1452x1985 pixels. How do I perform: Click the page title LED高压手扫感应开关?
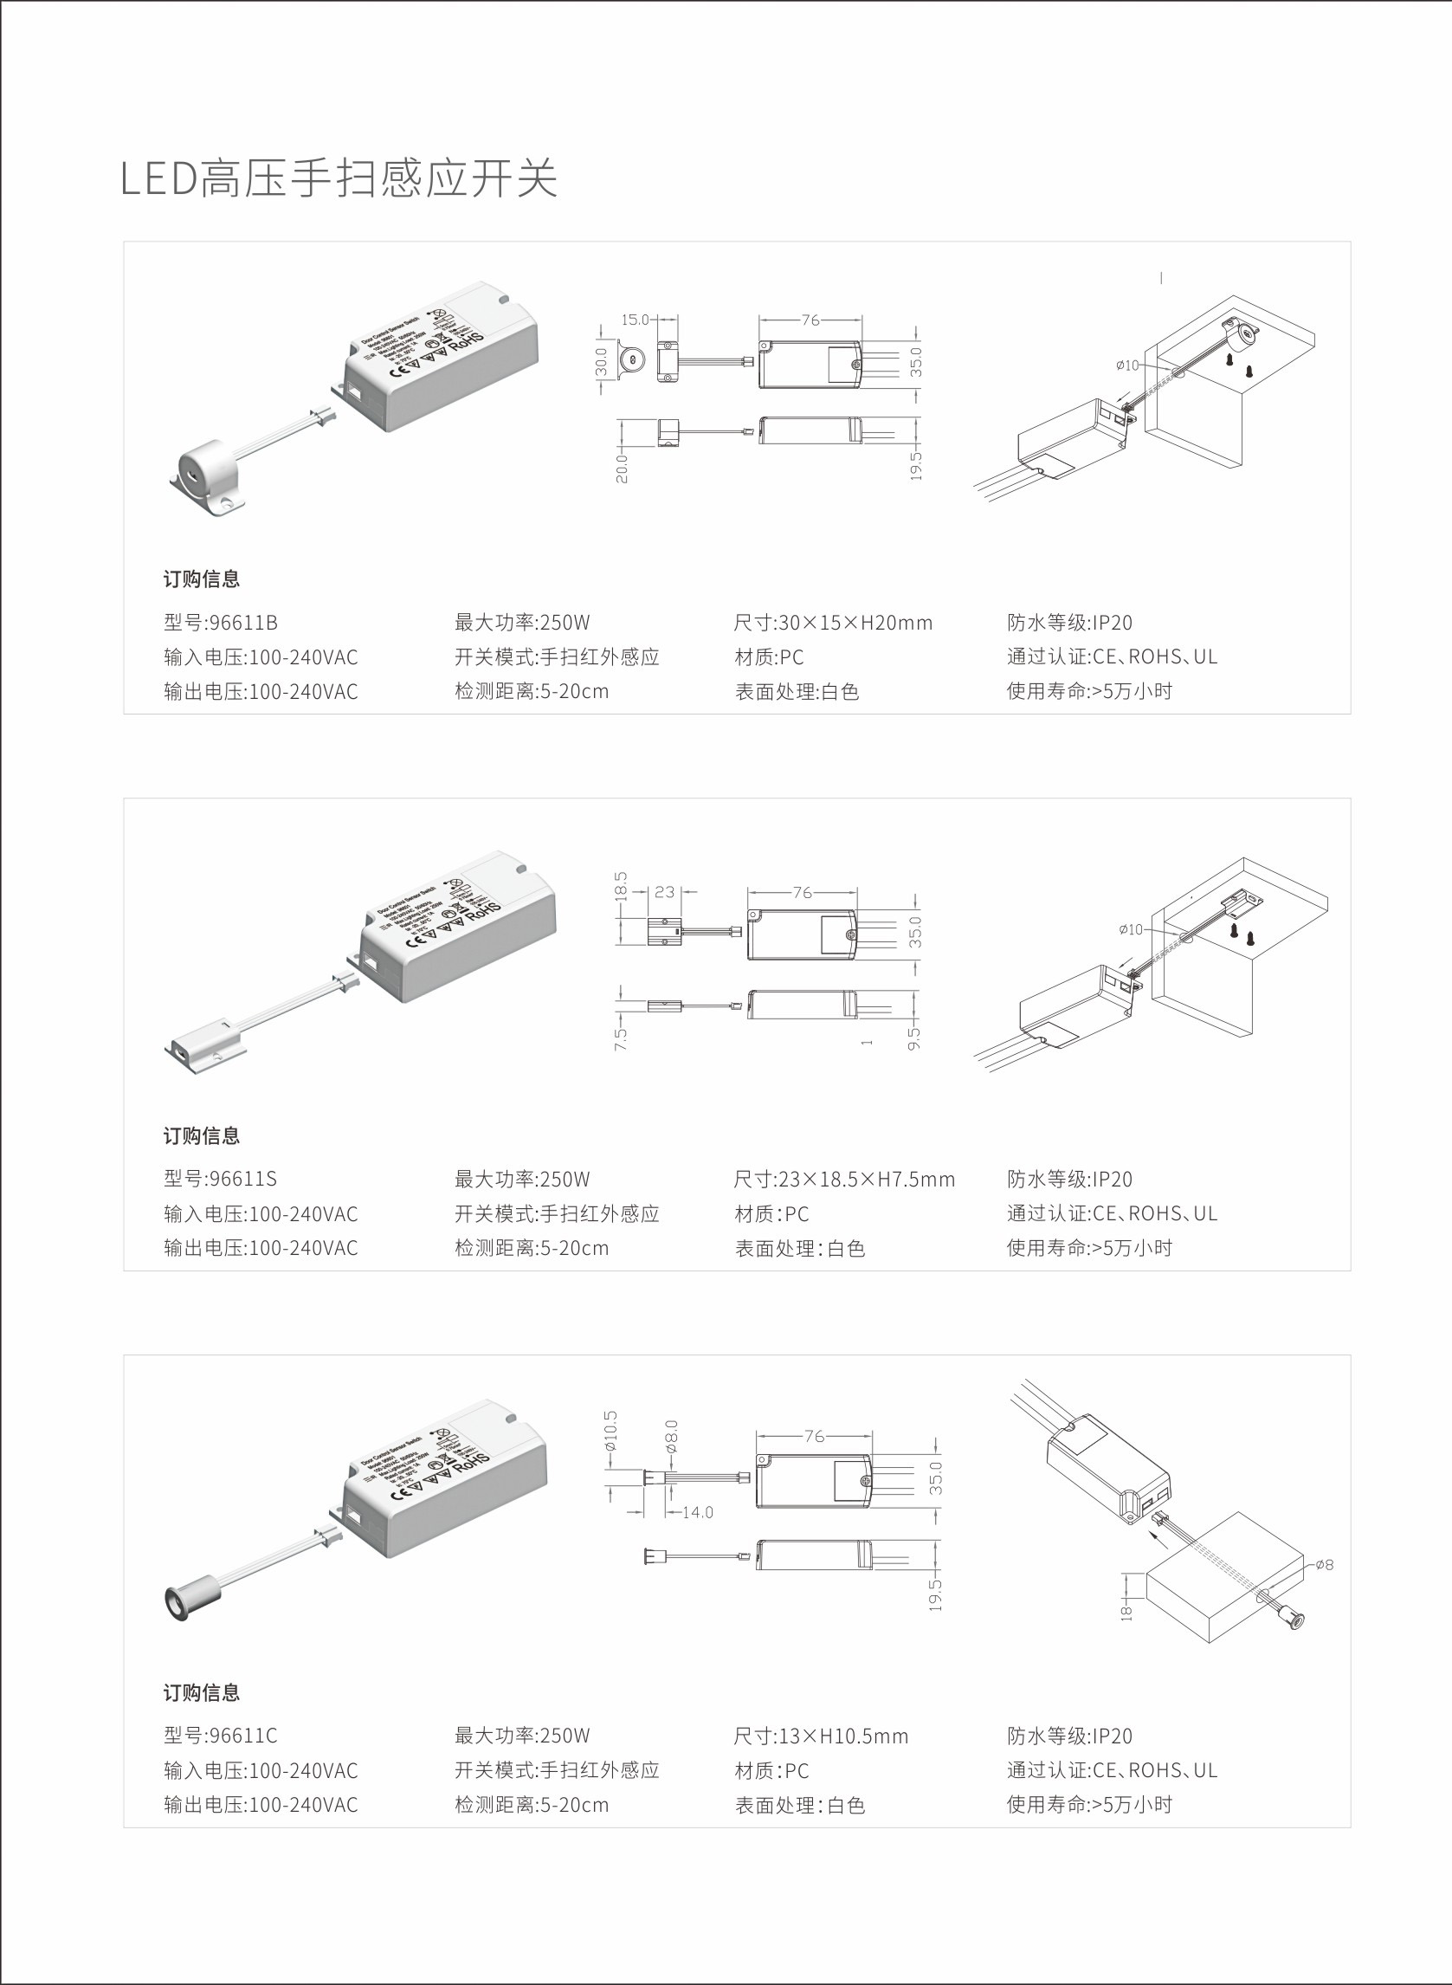[339, 178]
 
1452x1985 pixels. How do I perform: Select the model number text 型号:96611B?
[221, 623]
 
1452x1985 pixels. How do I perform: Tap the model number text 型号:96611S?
[221, 1179]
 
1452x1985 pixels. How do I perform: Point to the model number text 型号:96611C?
[221, 1736]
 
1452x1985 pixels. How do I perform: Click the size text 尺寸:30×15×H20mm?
[832, 623]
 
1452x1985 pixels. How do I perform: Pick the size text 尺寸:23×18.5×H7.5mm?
[844, 1179]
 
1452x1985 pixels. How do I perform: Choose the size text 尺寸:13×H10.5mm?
[821, 1736]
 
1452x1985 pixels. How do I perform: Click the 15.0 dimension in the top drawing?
[635, 320]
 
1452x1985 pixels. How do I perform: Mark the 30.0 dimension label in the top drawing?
[601, 362]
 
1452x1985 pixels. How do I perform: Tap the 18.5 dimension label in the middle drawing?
[621, 886]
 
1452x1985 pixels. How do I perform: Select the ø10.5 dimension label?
[611, 1429]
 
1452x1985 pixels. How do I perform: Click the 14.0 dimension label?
[697, 1512]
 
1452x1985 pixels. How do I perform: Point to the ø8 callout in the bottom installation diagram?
[1325, 1564]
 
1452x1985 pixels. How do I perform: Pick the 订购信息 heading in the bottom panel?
[201, 1692]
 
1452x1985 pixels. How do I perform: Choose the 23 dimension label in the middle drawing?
[664, 891]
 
